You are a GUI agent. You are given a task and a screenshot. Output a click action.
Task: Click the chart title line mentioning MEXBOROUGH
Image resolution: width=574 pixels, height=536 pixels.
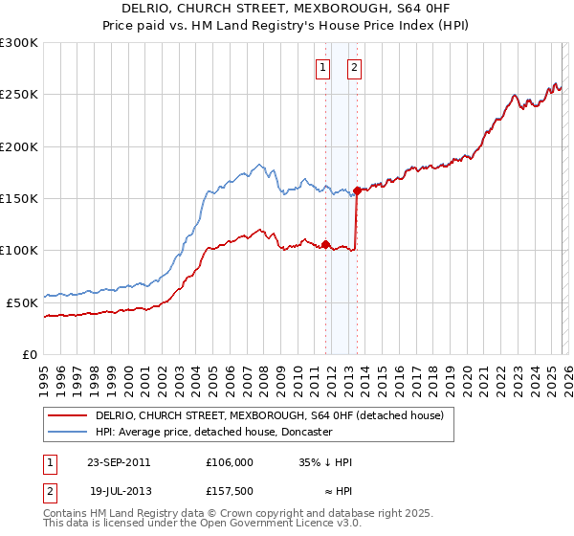click(288, 8)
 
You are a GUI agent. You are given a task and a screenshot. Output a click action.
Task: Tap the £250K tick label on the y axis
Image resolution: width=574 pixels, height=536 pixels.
click(20, 95)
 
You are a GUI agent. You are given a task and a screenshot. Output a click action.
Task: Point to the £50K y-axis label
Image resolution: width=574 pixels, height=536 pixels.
click(23, 302)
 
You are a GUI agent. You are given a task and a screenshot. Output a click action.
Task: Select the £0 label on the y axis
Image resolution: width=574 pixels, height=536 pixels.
click(32, 354)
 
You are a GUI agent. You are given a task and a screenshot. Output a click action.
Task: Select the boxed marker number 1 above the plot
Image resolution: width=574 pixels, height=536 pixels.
click(322, 67)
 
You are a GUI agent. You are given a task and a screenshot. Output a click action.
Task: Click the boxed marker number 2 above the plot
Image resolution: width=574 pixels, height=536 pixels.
click(354, 67)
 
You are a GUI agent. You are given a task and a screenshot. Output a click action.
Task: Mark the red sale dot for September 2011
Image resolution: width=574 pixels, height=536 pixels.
click(325, 244)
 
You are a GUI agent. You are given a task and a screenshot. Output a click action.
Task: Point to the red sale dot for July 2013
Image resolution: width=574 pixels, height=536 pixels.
click(357, 190)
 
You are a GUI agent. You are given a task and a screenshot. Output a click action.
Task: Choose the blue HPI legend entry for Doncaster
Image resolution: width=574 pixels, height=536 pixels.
click(213, 433)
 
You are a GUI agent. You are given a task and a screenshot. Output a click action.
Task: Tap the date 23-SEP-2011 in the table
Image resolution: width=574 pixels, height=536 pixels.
click(119, 461)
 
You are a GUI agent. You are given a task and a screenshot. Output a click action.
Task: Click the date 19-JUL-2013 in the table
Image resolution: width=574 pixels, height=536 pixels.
click(119, 490)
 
